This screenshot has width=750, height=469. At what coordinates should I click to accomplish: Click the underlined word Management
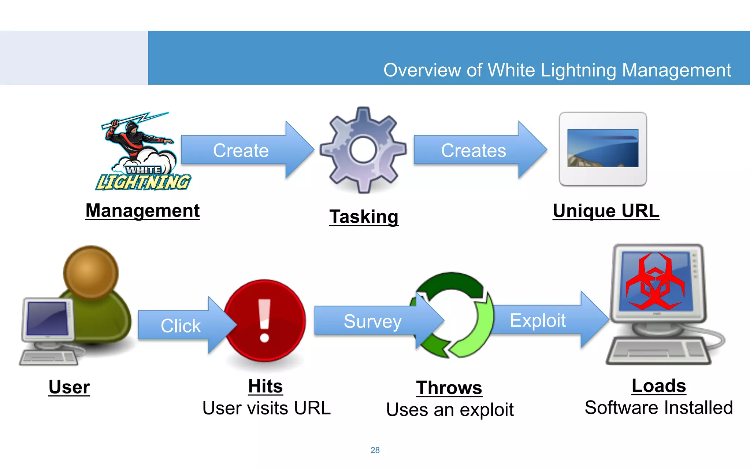(142, 211)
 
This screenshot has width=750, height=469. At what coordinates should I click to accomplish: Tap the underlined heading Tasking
(364, 217)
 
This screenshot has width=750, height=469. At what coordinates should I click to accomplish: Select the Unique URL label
(606, 211)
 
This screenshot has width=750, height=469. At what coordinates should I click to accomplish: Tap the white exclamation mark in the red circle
(264, 321)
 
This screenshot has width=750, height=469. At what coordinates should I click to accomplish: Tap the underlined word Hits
(266, 386)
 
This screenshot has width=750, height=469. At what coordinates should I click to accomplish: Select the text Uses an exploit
(450, 410)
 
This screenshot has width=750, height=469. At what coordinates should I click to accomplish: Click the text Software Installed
(658, 408)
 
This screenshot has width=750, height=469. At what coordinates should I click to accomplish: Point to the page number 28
(375, 450)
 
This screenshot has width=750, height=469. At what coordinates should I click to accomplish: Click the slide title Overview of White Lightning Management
(557, 70)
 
